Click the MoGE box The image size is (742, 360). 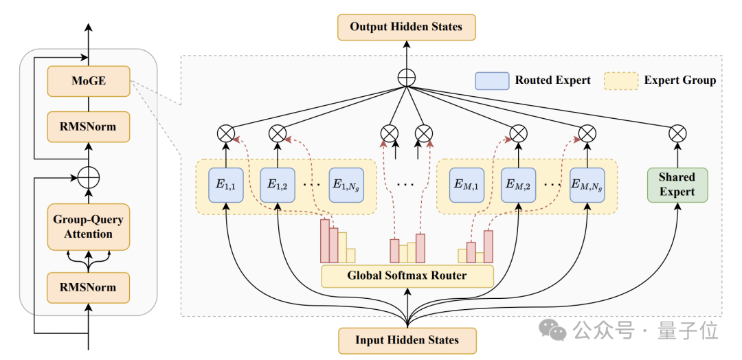point(89,81)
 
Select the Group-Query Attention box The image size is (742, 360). point(89,227)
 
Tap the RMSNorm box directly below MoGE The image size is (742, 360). point(89,127)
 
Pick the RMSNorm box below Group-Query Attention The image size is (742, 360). point(89,288)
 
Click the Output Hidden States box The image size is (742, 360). point(406,27)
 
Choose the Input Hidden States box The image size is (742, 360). point(407,341)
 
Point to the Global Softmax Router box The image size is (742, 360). point(407,275)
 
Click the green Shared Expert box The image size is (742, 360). point(677,185)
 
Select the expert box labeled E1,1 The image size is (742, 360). point(226,185)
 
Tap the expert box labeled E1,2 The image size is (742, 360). point(278,185)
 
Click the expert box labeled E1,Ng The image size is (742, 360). point(347,185)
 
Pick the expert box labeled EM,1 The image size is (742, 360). point(466,185)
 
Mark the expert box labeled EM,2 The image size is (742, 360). point(519,185)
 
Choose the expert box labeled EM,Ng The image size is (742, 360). point(587,185)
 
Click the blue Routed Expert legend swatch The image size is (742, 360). point(492,81)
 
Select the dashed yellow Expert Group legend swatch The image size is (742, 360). point(621,81)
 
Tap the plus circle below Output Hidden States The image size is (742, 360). point(407,78)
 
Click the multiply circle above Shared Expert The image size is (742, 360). point(677,134)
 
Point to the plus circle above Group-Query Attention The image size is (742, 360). point(89,179)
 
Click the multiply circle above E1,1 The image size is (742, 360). point(226,134)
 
